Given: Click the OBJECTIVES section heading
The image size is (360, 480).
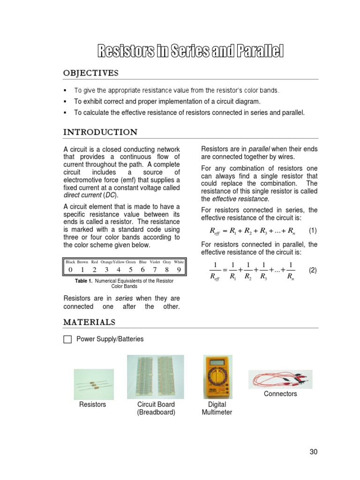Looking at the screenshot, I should pyautogui.click(x=91, y=73).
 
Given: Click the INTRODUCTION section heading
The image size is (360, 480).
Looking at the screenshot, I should pyautogui.click(x=100, y=132).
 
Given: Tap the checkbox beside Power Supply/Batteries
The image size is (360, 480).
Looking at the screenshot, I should pyautogui.click(x=67, y=339).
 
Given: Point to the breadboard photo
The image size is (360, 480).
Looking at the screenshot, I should pyautogui.click(x=156, y=376).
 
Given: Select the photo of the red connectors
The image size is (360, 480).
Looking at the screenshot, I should pyautogui.click(x=280, y=379).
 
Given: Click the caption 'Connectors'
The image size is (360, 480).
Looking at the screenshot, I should pyautogui.click(x=280, y=394).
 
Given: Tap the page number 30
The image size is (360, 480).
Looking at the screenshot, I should pyautogui.click(x=314, y=452).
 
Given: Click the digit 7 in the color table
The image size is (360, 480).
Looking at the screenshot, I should pyautogui.click(x=155, y=270).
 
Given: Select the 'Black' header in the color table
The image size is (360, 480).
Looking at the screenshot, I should pyautogui.click(x=70, y=262).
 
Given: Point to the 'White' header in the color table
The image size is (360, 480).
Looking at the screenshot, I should pyautogui.click(x=179, y=262).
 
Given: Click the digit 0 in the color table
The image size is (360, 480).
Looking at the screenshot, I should pyautogui.click(x=70, y=270).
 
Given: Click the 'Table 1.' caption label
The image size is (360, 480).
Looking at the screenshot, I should pyautogui.click(x=84, y=281).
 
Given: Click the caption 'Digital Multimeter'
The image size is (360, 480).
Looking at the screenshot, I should pyautogui.click(x=217, y=408).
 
